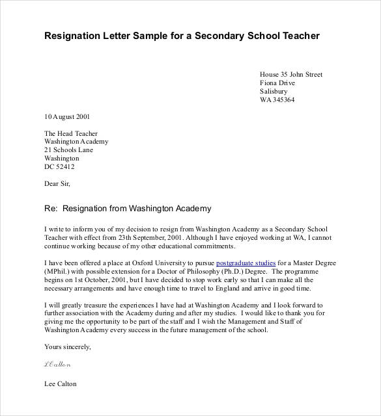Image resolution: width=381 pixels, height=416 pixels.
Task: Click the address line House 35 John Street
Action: click(x=290, y=75)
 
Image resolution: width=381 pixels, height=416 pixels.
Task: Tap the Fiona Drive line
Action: click(x=277, y=83)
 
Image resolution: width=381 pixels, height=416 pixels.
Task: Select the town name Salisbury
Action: click(x=274, y=92)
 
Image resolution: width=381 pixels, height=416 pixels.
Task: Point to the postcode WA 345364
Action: click(x=277, y=100)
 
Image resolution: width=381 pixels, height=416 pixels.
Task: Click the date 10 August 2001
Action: click(x=67, y=117)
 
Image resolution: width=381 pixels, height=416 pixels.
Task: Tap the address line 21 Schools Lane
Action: click(x=68, y=150)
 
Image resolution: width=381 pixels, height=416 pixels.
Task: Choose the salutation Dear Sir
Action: click(x=57, y=183)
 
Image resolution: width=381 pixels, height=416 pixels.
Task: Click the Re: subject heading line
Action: click(x=128, y=209)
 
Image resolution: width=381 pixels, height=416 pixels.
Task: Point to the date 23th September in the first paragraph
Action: click(x=130, y=238)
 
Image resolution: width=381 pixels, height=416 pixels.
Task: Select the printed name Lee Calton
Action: click(x=61, y=383)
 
